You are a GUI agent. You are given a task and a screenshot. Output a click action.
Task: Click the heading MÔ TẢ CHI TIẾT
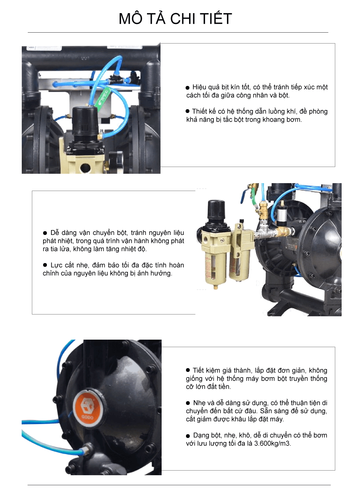point(175,19)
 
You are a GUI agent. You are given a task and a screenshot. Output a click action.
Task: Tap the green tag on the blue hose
point(102,99)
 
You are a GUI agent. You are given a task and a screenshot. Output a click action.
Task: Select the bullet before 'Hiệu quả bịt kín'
point(187,87)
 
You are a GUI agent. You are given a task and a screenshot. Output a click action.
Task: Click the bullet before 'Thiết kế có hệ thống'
point(187,111)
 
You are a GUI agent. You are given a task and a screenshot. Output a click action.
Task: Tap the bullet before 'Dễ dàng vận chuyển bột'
point(45,233)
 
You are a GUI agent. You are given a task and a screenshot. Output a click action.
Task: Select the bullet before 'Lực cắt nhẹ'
point(45,265)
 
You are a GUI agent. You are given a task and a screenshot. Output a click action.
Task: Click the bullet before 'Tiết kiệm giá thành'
point(188,370)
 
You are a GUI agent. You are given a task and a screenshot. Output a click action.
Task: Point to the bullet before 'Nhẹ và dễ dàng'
point(188,403)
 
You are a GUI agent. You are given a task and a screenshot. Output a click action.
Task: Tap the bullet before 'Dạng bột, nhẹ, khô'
point(188,436)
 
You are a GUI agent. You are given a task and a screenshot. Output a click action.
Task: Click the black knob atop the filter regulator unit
point(216,211)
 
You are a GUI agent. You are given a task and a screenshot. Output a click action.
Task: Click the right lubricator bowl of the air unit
point(236,265)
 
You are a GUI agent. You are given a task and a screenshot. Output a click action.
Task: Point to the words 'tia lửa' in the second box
point(60,249)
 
